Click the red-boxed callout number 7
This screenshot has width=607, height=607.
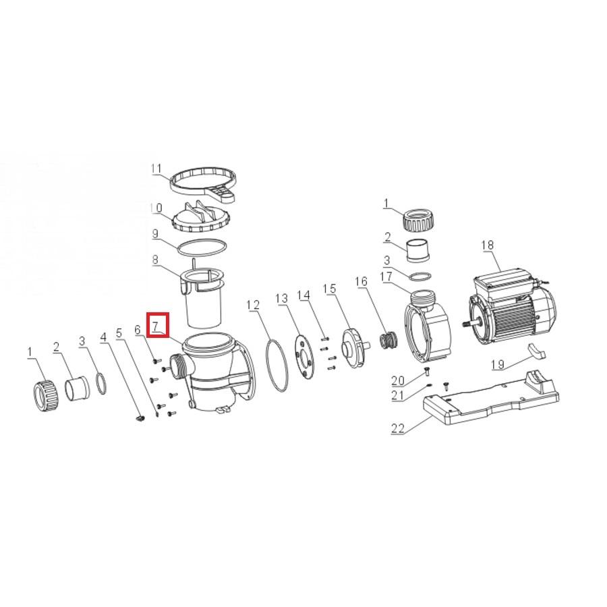coord(155,326)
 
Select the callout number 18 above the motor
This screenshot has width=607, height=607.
coord(488,245)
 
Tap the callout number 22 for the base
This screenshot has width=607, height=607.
coord(397,428)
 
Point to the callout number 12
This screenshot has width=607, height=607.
coord(252,305)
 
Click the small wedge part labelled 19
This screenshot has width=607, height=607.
coord(536,350)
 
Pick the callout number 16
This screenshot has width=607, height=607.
coord(362,281)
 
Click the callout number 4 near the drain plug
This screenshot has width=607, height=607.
coord(103,337)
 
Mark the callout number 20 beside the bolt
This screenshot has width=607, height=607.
coord(397,381)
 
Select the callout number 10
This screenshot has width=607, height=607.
coord(156,208)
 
